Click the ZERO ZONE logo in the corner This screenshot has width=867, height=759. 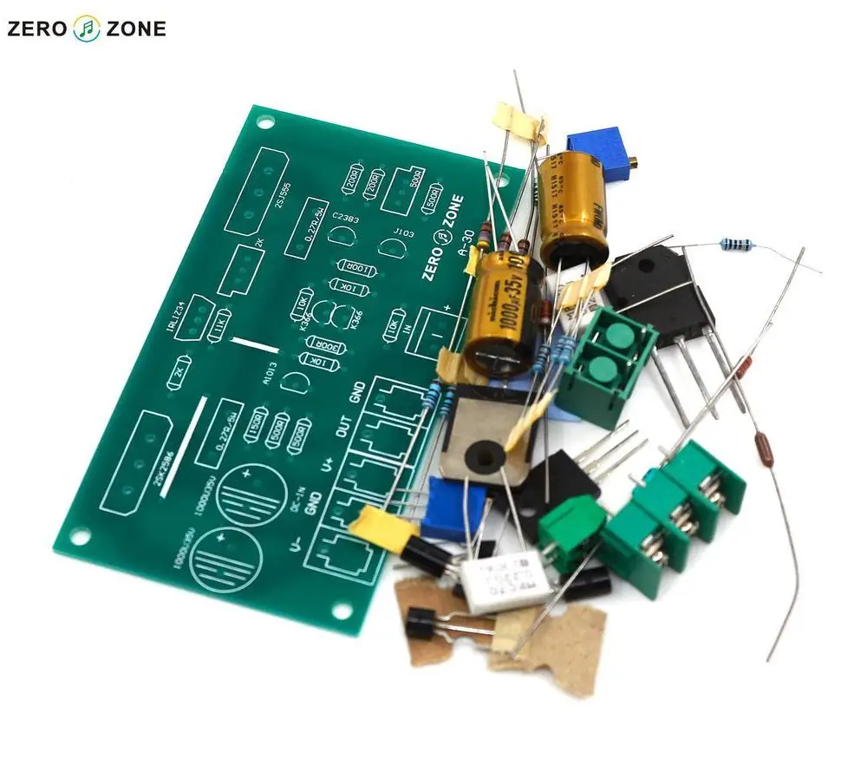86,29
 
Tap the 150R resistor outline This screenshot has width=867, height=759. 256,431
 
